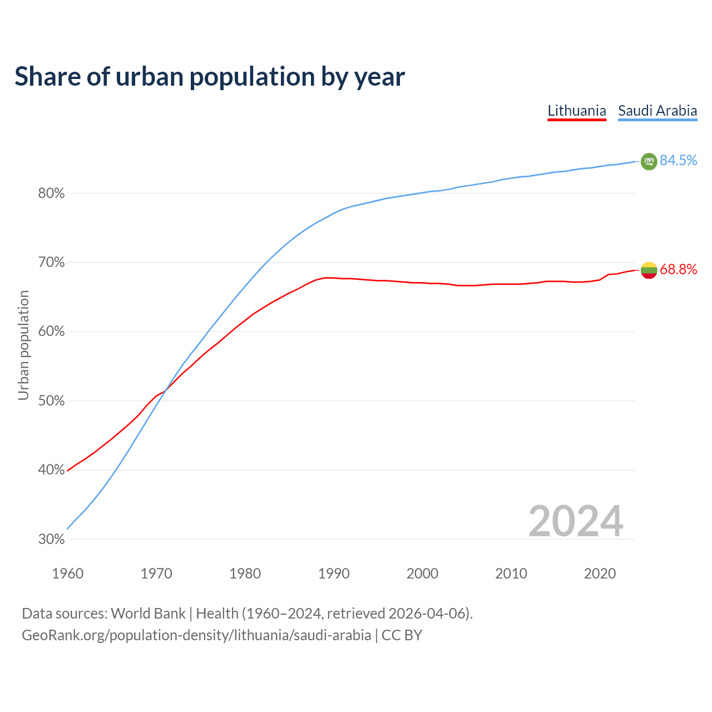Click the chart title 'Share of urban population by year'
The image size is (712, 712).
pos(210,77)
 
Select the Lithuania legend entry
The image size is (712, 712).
pos(577,111)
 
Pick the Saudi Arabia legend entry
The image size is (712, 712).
pos(657,111)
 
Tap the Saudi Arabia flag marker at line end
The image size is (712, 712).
pos(649,161)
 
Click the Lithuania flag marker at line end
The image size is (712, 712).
pos(649,270)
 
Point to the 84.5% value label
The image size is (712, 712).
pos(678,161)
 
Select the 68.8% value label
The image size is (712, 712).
pos(678,270)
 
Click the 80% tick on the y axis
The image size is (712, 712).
pos(51,194)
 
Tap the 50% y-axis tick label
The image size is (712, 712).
pos(51,401)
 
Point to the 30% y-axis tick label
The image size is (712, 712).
pos(51,540)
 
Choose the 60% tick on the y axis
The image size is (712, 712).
pos(51,332)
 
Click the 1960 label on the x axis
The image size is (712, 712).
pos(67,573)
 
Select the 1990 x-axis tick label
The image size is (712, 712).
pos(334,573)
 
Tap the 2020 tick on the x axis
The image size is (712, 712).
pos(600,573)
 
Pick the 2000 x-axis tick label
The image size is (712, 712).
pos(422,573)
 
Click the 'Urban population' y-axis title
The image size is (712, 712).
pos(23,345)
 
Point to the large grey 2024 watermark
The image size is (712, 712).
pos(575,521)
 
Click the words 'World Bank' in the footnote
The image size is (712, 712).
pos(148,614)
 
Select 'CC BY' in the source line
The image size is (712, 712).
pos(402,635)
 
